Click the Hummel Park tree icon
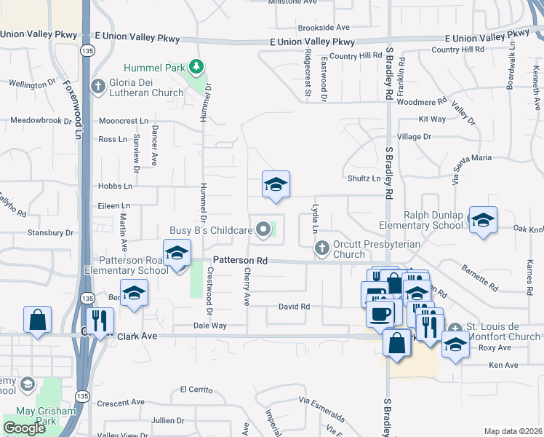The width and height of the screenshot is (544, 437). (x=195, y=68)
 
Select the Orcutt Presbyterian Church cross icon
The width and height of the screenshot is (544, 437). (x=321, y=249)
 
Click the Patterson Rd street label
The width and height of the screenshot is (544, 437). (x=240, y=260)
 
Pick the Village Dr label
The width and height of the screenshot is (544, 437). (x=414, y=137)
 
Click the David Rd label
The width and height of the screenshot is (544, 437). (x=294, y=307)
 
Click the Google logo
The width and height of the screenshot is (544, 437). (x=24, y=428)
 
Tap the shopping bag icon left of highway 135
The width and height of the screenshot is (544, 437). (x=37, y=320)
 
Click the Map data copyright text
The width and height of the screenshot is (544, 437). (x=512, y=431)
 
